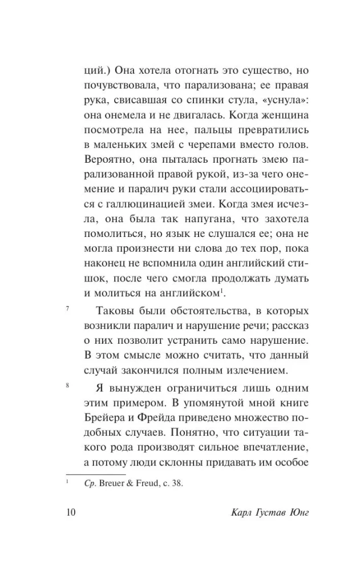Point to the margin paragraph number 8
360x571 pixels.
coord(68,386)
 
